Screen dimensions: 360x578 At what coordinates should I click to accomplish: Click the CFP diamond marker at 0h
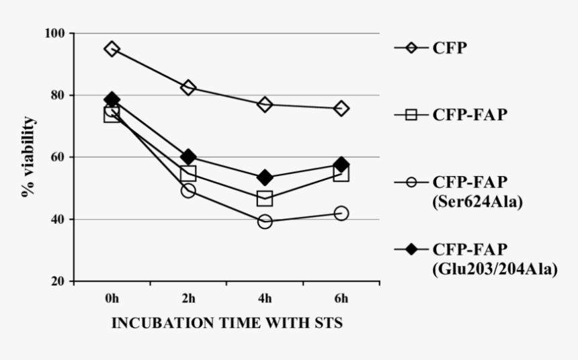pos(112,49)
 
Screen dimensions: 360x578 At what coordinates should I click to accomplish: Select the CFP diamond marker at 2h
pos(188,88)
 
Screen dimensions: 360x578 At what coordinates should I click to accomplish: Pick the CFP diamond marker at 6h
pos(341,108)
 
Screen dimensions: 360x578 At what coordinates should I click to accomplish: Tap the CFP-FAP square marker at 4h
pos(265,199)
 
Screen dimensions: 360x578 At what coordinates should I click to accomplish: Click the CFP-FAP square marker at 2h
pos(188,174)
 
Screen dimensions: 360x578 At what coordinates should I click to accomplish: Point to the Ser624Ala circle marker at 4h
pos(265,222)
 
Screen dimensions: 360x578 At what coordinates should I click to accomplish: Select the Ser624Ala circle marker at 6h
pos(341,213)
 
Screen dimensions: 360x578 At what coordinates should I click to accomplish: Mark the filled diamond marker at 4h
pos(265,178)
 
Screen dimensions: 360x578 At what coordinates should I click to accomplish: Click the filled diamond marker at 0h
pos(112,100)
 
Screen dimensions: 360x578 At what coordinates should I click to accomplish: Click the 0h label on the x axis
pos(112,298)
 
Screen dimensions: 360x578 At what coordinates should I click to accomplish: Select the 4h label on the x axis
pos(265,298)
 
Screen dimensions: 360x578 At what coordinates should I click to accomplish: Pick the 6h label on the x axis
pos(341,298)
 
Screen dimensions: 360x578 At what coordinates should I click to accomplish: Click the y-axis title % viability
pos(28,157)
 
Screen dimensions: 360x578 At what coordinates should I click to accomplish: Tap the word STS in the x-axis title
pos(328,323)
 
